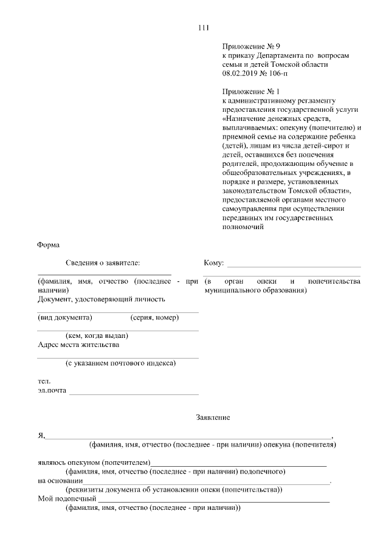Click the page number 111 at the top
tap(204, 27)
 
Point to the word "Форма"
tap(48, 245)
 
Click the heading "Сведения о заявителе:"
tap(103, 263)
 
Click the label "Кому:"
tap(214, 263)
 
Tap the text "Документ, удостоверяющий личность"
tap(101, 299)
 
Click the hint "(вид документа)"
tap(65, 317)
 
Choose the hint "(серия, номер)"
tap(154, 317)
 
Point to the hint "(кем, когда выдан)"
tap(97, 335)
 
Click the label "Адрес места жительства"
tap(78, 345)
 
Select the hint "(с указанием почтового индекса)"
tap(120, 363)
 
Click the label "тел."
tap(43, 381)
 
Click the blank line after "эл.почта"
tap(134, 393)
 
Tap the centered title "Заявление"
tap(213, 418)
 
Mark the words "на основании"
tap(57, 481)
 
